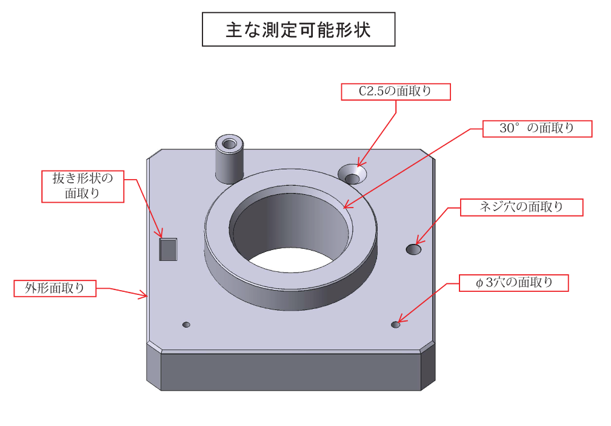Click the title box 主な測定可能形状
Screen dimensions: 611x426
[x=298, y=29]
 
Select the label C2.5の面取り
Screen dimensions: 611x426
[x=396, y=92]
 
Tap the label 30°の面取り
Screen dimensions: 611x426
[x=537, y=129]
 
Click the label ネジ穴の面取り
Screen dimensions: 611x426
[x=522, y=207]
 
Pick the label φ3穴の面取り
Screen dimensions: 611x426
[x=514, y=283]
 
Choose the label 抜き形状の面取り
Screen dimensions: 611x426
[x=82, y=186]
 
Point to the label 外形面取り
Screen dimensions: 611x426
[x=55, y=288]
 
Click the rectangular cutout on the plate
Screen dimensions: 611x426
[x=168, y=249]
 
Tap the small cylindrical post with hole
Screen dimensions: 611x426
[x=230, y=159]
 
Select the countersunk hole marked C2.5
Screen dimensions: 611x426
[x=352, y=174]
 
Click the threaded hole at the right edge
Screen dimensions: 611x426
[x=413, y=249]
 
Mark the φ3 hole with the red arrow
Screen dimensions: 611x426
[x=395, y=325]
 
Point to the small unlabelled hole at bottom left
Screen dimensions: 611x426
[x=186, y=325]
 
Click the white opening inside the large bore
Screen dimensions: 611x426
[x=290, y=260]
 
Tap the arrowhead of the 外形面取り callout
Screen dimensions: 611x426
[x=143, y=296]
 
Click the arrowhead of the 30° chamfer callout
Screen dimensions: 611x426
[x=348, y=205]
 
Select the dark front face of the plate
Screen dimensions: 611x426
[x=291, y=372]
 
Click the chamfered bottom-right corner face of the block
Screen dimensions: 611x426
[x=428, y=366]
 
